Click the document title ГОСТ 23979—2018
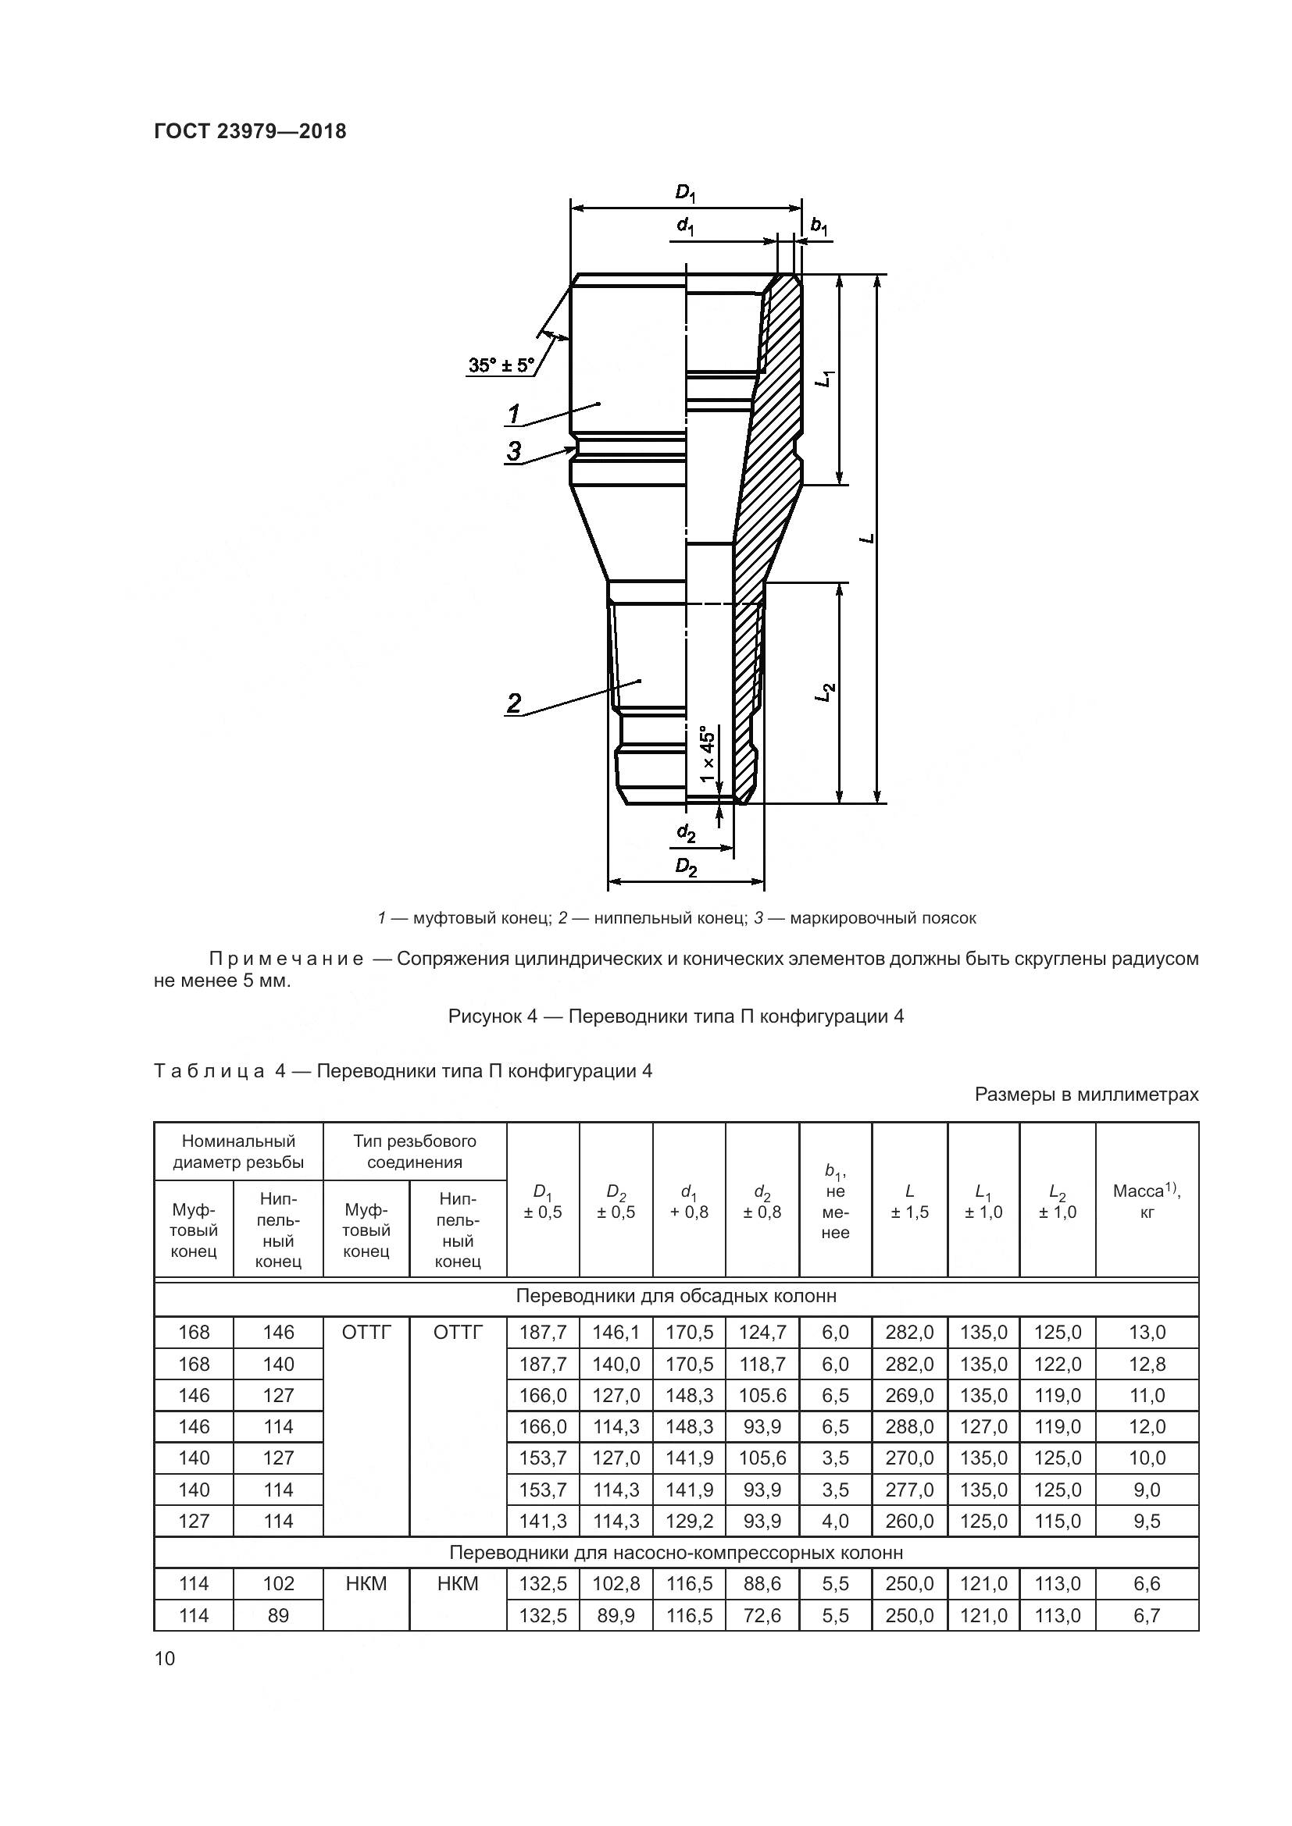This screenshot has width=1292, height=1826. [x=250, y=131]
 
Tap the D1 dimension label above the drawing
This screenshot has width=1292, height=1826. [x=685, y=193]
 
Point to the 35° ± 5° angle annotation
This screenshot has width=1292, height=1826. [x=501, y=366]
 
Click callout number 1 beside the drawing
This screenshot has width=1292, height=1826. [x=514, y=414]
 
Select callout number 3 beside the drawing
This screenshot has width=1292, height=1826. [x=514, y=451]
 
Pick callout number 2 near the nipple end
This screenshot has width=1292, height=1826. [x=514, y=703]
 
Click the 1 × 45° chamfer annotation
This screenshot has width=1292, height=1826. [x=707, y=753]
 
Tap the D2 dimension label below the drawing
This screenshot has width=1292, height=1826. [x=686, y=867]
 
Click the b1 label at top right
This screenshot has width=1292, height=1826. [x=819, y=226]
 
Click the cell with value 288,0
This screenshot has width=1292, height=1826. [x=909, y=1427]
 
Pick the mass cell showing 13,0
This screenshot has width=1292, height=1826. [x=1147, y=1332]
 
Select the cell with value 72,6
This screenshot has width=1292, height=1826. [x=762, y=1615]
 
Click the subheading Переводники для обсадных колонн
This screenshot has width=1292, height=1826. [x=676, y=1297]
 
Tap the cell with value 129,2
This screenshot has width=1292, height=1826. [x=689, y=1522]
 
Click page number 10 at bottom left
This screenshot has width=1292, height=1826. [x=165, y=1659]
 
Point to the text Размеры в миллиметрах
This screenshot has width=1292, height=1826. [x=1086, y=1095]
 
